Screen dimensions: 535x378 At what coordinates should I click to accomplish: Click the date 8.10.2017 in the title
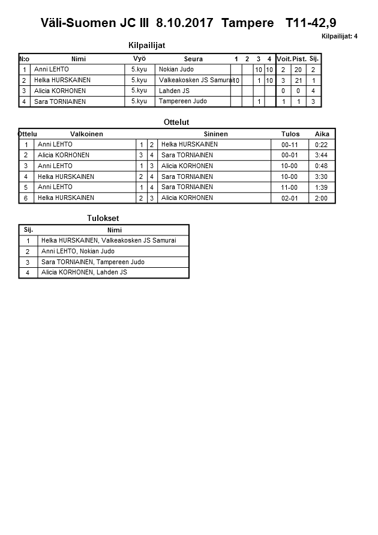[184, 23]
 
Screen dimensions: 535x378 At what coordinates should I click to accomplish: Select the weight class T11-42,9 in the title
[311, 23]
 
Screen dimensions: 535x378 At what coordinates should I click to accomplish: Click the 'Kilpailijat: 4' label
[340, 36]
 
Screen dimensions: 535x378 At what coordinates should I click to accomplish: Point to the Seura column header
[193, 59]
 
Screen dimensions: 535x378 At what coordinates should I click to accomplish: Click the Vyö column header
[139, 58]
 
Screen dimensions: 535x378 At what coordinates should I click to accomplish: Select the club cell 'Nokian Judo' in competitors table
[176, 69]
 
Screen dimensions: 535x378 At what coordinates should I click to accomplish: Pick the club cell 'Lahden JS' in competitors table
[174, 91]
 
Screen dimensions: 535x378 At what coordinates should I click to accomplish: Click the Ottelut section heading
[176, 122]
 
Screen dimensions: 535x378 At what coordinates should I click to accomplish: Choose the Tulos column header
[290, 134]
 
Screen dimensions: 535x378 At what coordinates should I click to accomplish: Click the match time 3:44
[321, 155]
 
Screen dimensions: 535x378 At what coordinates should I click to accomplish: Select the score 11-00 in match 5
[289, 187]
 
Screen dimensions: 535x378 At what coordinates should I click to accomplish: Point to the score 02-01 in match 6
[289, 198]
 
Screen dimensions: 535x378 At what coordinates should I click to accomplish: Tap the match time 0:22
[321, 145]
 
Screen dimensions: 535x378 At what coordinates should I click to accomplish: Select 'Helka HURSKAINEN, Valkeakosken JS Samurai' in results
[113, 241]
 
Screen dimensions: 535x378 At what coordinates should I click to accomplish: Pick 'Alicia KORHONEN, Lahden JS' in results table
[84, 273]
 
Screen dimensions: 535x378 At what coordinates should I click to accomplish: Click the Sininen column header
[215, 134]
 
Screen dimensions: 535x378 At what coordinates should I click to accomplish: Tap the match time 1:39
[321, 187]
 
